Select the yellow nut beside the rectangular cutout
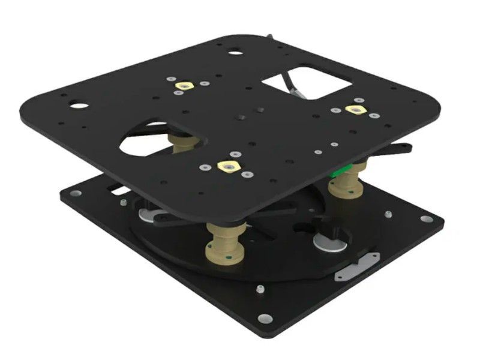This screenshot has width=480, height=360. click(355, 109)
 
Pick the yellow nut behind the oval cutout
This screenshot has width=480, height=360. click(181, 86)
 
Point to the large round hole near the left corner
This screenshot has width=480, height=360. click(78, 106)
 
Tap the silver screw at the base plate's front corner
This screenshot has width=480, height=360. click(264, 319)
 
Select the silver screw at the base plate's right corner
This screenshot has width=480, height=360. click(426, 218)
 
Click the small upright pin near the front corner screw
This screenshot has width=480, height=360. click(259, 290)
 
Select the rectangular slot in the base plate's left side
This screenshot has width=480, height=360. click(118, 190)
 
